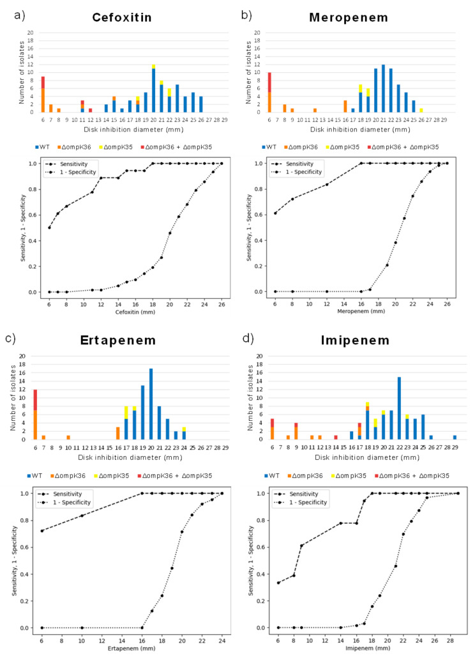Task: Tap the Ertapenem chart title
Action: tap(121, 340)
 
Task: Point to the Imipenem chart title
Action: tap(360, 340)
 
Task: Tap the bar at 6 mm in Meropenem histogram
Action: tap(269, 93)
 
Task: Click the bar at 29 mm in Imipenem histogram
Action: tap(455, 437)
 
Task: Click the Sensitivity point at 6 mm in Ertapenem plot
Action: tap(42, 531)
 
